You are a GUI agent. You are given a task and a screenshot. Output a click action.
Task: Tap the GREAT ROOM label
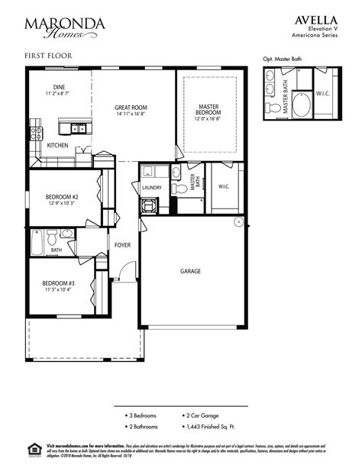(131, 108)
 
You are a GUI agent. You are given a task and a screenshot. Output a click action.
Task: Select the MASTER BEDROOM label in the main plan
(208, 111)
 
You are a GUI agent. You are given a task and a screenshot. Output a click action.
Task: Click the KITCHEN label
(57, 145)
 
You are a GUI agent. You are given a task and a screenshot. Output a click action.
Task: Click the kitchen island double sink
(78, 127)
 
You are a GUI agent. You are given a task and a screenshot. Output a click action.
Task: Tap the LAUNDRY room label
(151, 187)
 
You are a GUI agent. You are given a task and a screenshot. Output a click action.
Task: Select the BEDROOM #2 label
(58, 197)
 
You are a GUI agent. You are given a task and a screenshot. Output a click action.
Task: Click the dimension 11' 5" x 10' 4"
(58, 290)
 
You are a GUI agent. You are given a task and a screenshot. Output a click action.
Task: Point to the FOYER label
(122, 245)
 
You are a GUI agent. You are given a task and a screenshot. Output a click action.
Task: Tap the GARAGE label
(190, 271)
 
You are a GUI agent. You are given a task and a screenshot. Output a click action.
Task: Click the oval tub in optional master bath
(301, 106)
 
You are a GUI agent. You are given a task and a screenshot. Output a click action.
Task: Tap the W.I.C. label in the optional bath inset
(322, 94)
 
